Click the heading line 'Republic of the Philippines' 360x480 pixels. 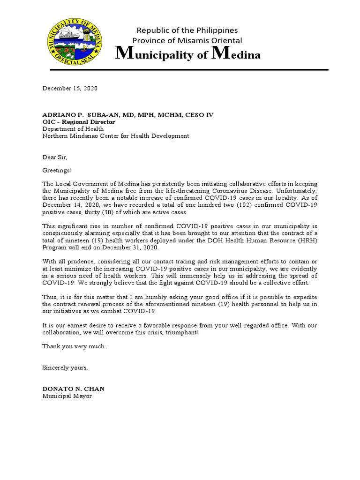pyautogui.click(x=187, y=30)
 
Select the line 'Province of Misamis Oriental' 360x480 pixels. pyautogui.click(x=187, y=41)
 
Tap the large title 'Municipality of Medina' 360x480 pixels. pyautogui.click(x=188, y=55)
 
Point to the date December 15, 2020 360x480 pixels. pyautogui.click(x=70, y=88)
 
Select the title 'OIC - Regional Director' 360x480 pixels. pyautogui.click(x=79, y=122)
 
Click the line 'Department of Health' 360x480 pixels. pyautogui.click(x=73, y=129)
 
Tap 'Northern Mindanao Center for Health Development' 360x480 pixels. pyautogui.click(x=116, y=136)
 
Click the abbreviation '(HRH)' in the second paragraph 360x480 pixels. pyautogui.click(x=307, y=240)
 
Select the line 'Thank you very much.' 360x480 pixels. pyautogui.click(x=74, y=346)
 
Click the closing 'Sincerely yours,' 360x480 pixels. pyautogui.click(x=65, y=367)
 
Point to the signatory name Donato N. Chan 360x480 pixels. pyautogui.click(x=74, y=389)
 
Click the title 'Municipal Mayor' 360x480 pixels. pyautogui.click(x=67, y=396)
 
